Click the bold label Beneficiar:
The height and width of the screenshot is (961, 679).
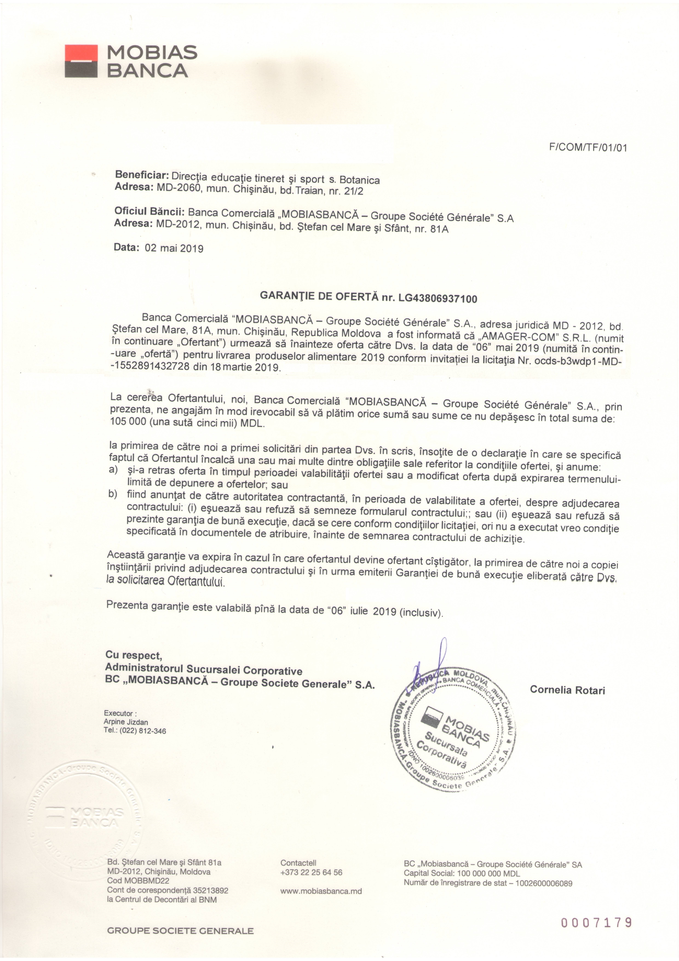(141, 174)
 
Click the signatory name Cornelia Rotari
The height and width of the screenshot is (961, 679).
(567, 690)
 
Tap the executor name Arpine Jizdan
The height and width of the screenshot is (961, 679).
(126, 722)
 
